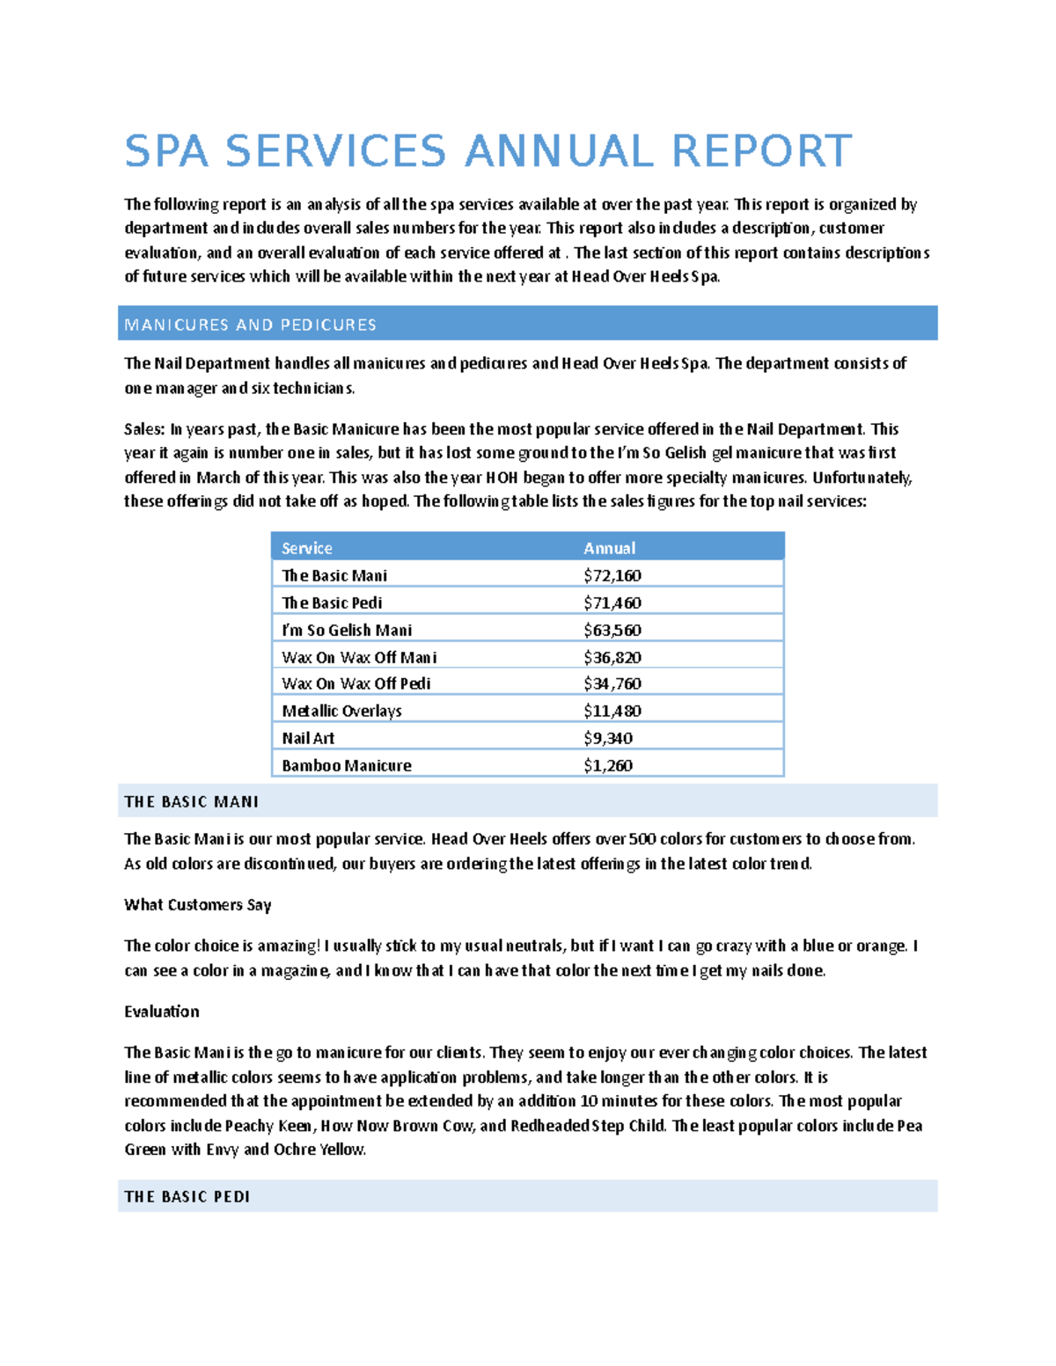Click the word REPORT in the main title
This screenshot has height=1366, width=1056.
[x=761, y=151]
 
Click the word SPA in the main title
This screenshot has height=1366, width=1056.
[x=166, y=151]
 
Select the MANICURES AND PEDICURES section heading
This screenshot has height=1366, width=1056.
[x=251, y=325]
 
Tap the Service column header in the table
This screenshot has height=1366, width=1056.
[x=306, y=548]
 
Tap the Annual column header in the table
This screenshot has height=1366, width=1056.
[x=609, y=548]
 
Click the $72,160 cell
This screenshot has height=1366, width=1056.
[x=612, y=575]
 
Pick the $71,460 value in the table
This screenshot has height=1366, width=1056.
[x=612, y=603]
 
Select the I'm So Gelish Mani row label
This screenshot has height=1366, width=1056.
[x=347, y=630]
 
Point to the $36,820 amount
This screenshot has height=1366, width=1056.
[x=612, y=657]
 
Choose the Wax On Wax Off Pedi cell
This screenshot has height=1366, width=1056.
[x=356, y=683]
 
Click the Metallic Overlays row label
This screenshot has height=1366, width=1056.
[x=341, y=711]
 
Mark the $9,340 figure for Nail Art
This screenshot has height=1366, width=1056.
[x=607, y=738]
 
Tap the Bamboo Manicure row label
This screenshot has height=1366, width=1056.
[x=346, y=765]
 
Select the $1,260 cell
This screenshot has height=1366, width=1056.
[x=607, y=765]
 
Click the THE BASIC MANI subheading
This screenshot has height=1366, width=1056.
[x=191, y=801]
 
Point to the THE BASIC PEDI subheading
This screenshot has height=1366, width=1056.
[x=187, y=1196]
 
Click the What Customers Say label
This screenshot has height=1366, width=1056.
[x=197, y=904]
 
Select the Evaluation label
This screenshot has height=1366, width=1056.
[x=161, y=1012]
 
